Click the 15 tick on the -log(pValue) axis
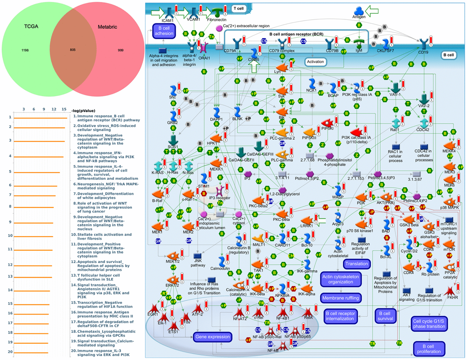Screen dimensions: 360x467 pyautogui.click(x=64, y=109)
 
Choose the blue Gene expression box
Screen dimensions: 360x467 pyautogui.click(x=212, y=336)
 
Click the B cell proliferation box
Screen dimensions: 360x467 pyautogui.click(x=429, y=348)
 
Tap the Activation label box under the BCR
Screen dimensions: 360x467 pyautogui.click(x=315, y=61)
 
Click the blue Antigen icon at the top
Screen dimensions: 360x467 pyautogui.click(x=358, y=12)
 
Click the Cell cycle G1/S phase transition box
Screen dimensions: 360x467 pyautogui.click(x=429, y=323)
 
